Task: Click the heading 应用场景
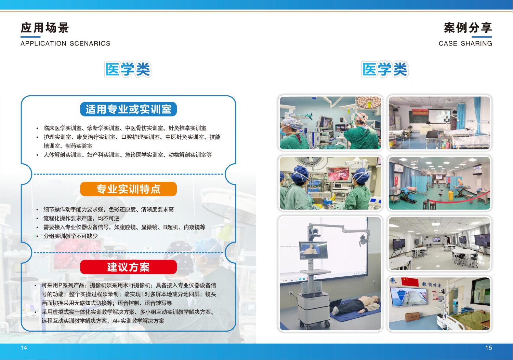[45, 28]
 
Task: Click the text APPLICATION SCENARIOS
[66, 43]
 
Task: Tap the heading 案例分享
[468, 28]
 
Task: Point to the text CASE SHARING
[465, 43]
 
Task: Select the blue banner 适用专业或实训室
[128, 109]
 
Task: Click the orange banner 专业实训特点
[128, 189]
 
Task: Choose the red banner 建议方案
[128, 267]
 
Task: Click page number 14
[24, 348]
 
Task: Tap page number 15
[488, 348]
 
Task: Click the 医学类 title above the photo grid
[385, 69]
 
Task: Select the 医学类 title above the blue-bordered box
[128, 69]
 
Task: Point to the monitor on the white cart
[313, 250]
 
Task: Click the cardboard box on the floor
[412, 317]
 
